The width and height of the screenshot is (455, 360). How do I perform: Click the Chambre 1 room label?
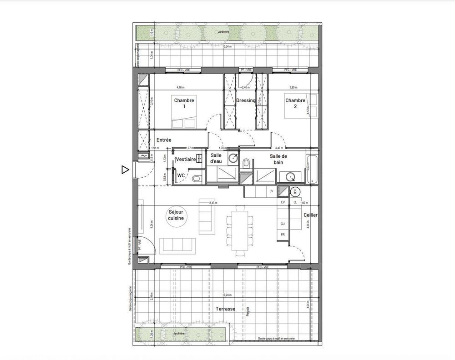click(x=184, y=103)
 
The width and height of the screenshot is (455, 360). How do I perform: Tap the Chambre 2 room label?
click(x=295, y=103)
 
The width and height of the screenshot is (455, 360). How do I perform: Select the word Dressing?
click(x=246, y=100)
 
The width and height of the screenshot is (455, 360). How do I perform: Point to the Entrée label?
click(x=164, y=140)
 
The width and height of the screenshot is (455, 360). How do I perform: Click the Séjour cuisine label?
click(x=177, y=215)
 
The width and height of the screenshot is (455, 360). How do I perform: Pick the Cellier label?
click(x=310, y=215)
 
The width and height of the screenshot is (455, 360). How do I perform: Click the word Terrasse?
click(x=225, y=309)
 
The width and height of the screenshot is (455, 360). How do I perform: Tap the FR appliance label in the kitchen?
click(x=283, y=235)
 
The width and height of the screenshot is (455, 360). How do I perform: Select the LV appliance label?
click(x=271, y=191)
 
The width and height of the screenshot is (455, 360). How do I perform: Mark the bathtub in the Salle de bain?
click(x=312, y=170)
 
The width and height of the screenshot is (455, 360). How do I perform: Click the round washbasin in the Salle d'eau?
click(x=233, y=158)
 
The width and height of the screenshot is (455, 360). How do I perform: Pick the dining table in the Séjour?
click(x=239, y=230)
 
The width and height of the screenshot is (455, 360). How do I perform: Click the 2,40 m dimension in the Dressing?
click(x=246, y=87)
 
